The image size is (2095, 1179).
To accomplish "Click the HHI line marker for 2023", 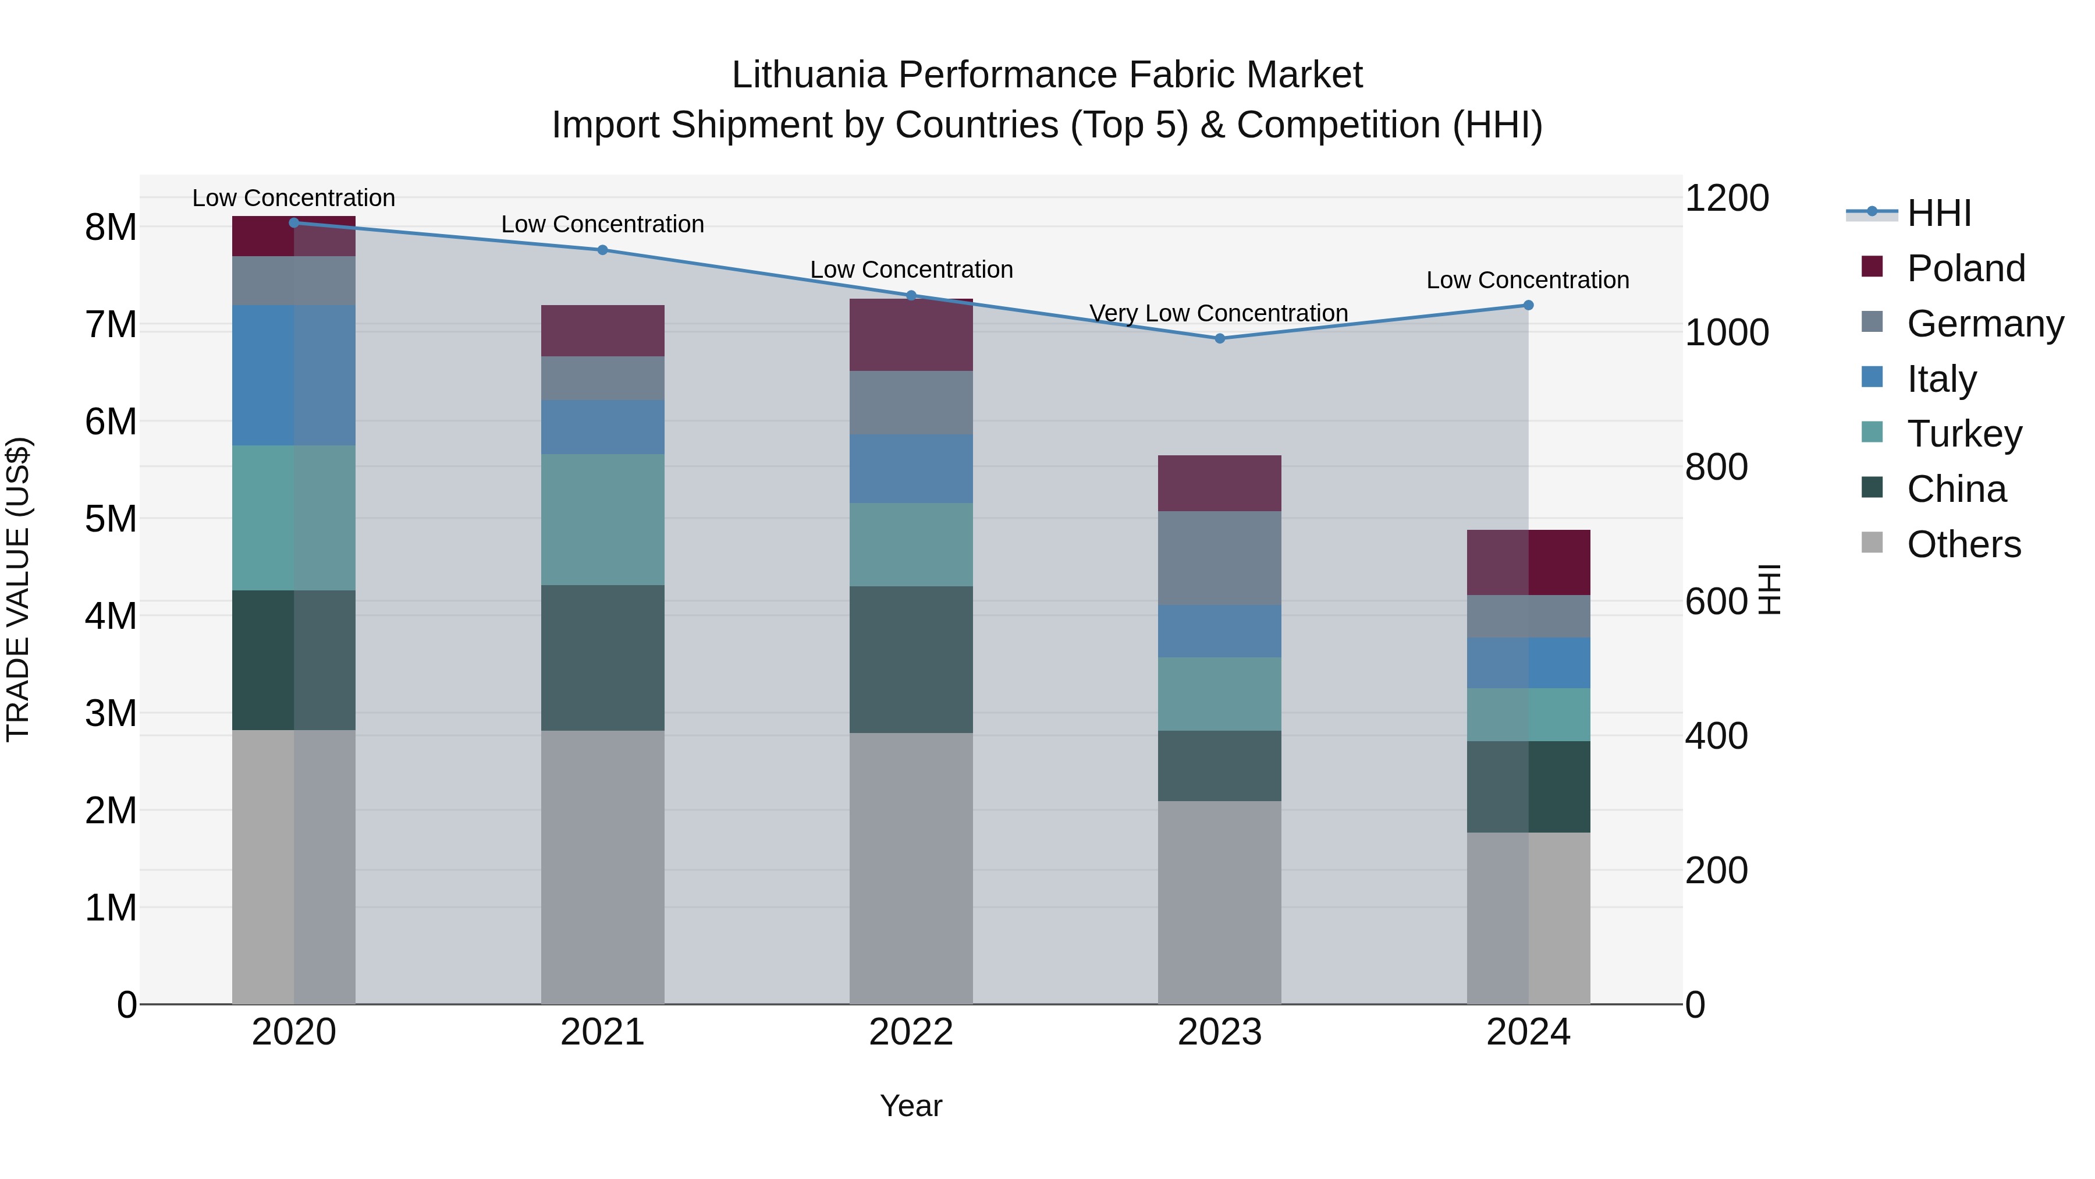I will (x=1219, y=338).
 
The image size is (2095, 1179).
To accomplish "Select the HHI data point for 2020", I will (x=294, y=222).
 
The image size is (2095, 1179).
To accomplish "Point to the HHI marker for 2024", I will (x=1528, y=305).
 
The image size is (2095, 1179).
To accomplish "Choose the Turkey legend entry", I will (x=1963, y=434).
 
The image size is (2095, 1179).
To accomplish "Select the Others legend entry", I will (x=1963, y=544).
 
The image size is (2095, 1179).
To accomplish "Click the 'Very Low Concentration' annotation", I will (x=1218, y=313).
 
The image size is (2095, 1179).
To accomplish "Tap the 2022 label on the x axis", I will (x=911, y=1032).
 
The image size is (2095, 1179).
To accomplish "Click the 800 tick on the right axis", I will (x=1716, y=467).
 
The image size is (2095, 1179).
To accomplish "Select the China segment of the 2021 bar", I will (x=603, y=657).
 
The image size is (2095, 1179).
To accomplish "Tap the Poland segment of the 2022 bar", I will (x=911, y=335).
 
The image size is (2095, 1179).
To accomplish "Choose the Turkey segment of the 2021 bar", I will (x=603, y=519).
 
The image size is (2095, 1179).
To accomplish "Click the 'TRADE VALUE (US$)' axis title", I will (x=19, y=589).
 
